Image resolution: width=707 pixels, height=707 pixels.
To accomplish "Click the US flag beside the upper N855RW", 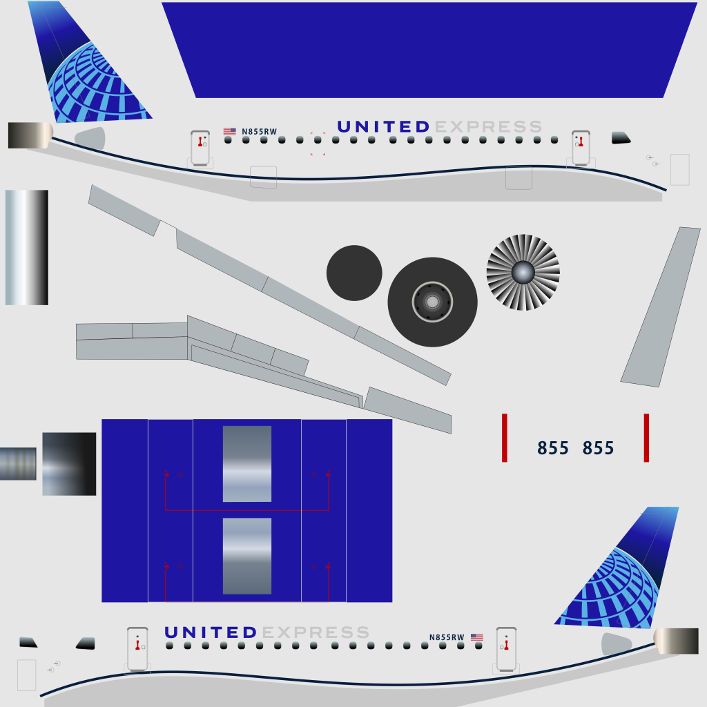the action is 229,131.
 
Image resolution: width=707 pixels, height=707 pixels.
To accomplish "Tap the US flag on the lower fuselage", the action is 477,637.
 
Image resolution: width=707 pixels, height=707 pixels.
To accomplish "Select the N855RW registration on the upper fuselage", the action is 260,132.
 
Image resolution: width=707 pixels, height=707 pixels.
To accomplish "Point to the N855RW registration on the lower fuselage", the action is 447,637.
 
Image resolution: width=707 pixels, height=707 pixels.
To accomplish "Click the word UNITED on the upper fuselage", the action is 384,127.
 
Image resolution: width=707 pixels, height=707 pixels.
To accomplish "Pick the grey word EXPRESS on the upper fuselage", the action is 488,127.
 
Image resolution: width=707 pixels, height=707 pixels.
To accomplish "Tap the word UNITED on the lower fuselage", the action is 211,632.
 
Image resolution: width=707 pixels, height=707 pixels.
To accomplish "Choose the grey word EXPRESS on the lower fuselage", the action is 316,632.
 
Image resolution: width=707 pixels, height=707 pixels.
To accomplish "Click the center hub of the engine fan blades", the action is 523,272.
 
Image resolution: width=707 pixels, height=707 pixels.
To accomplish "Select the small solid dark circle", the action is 354,273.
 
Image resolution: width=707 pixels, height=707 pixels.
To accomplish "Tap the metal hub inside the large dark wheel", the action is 432,302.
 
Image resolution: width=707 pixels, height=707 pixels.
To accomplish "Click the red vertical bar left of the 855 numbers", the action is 505,438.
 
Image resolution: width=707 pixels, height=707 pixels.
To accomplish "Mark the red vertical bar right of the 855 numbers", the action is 646,438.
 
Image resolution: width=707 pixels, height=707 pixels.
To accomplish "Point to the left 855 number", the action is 553,448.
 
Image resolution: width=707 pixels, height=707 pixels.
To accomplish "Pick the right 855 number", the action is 599,448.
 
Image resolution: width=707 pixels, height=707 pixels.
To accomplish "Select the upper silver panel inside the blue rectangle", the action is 247,464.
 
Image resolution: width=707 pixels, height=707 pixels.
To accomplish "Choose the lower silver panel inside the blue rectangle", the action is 247,556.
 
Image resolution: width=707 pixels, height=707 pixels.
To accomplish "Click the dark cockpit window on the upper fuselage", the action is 621,138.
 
